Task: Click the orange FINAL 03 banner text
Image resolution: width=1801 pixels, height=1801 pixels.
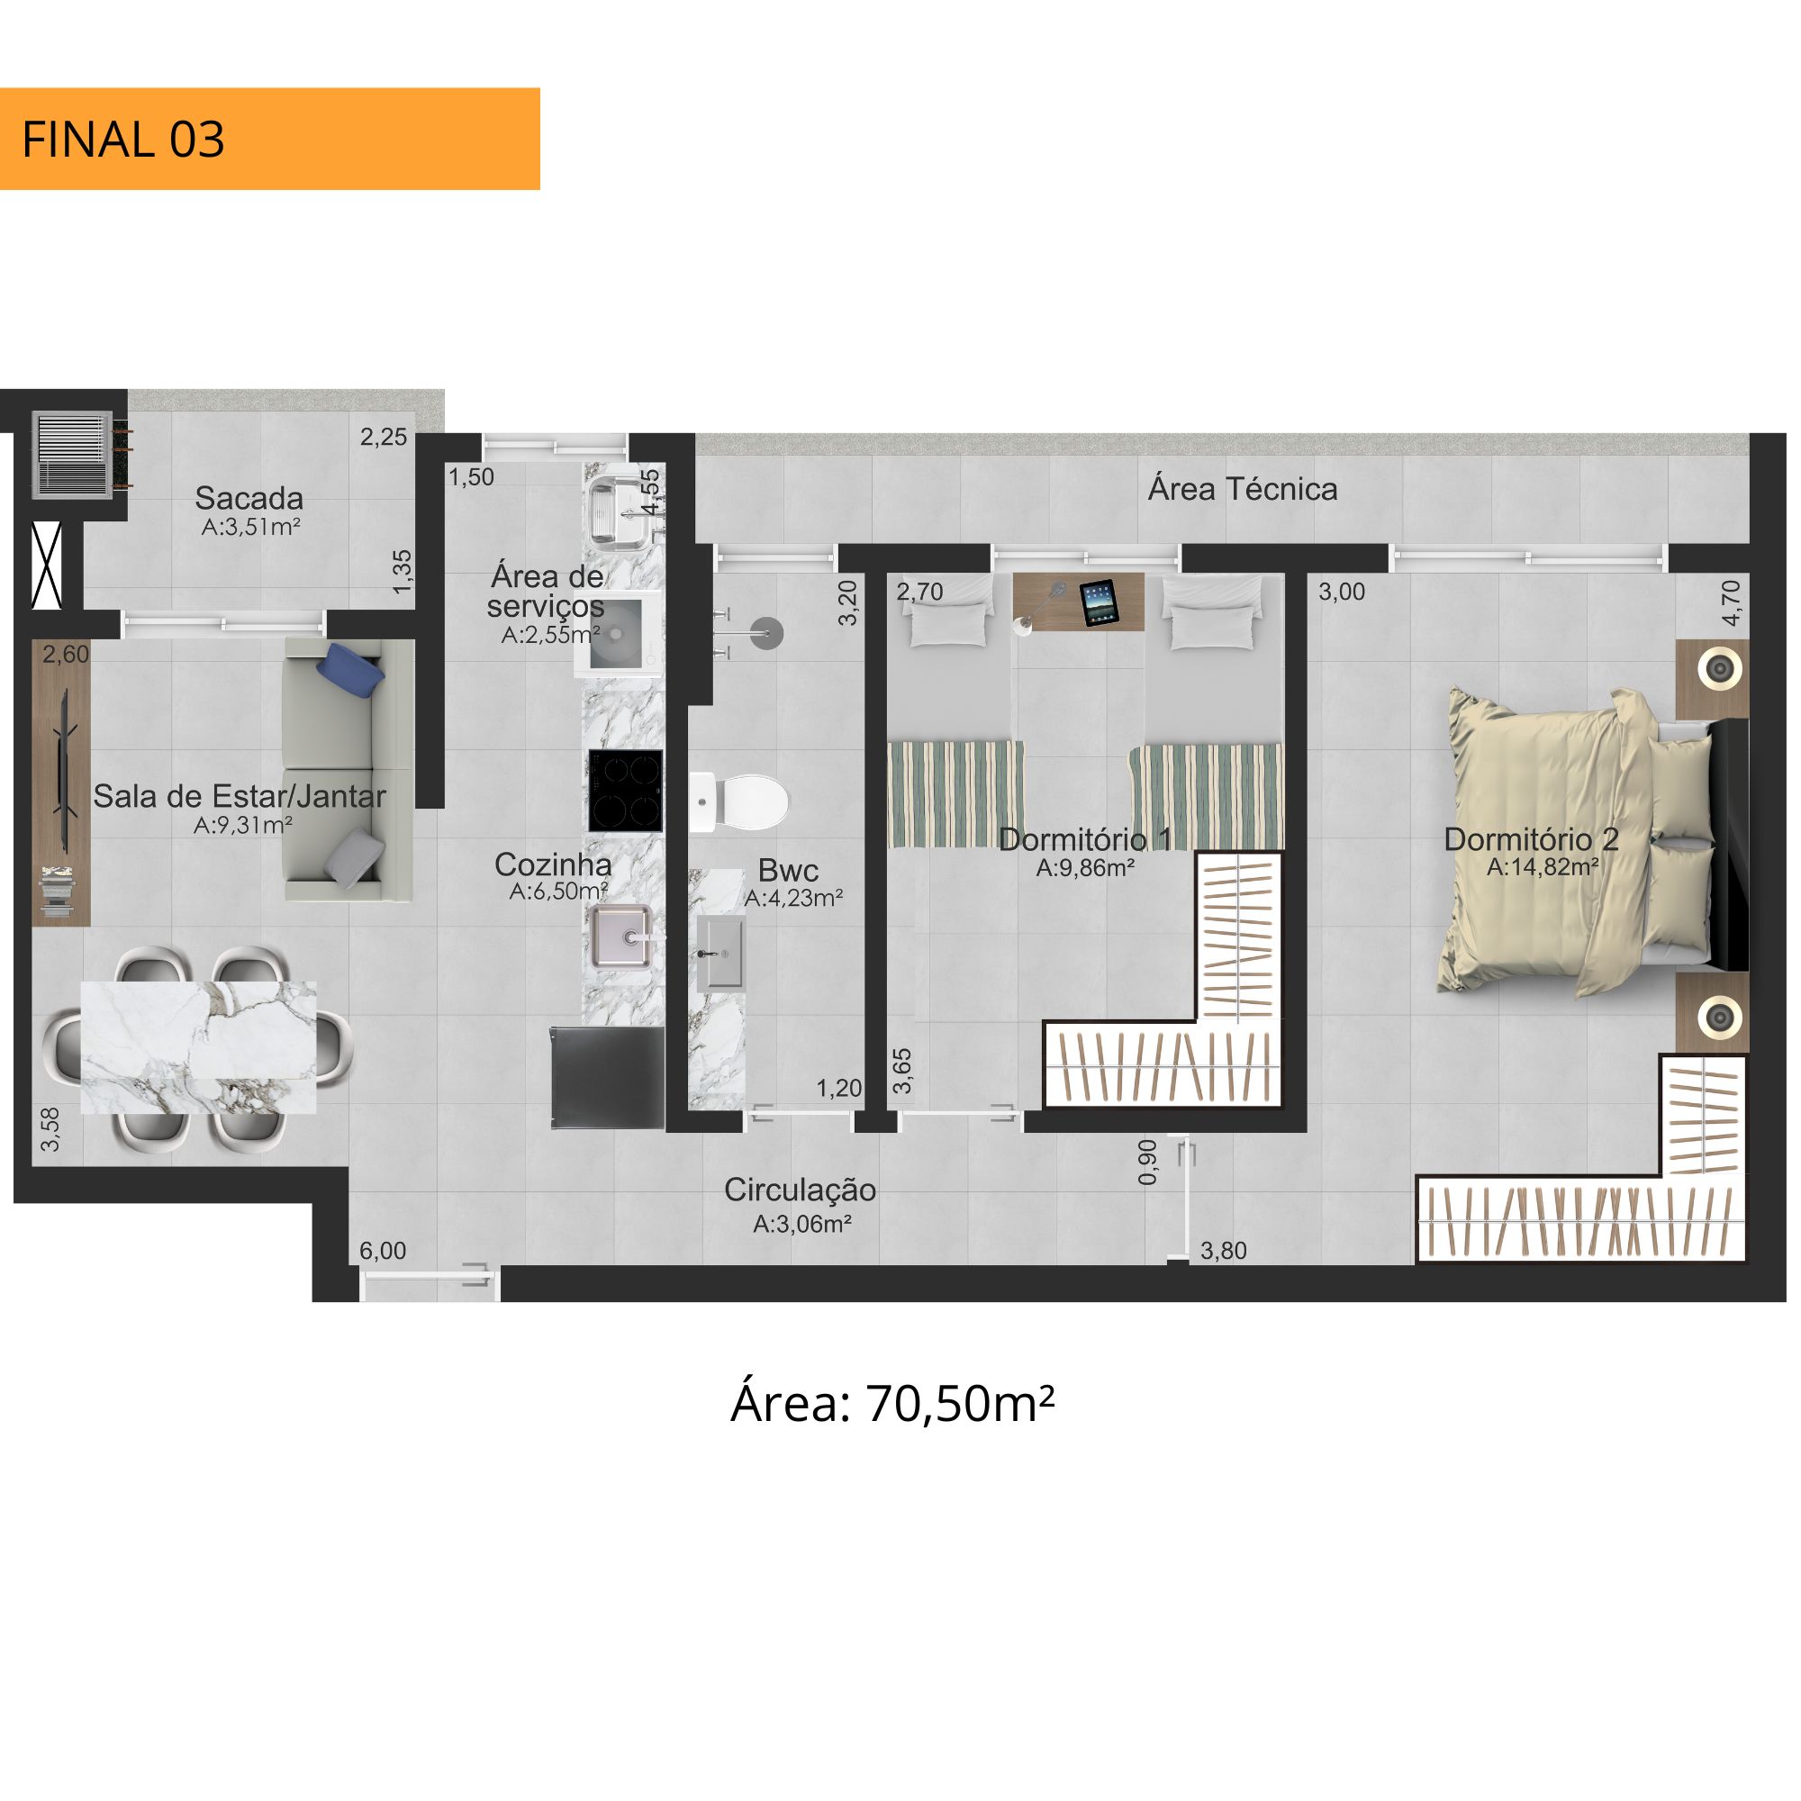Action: (x=123, y=140)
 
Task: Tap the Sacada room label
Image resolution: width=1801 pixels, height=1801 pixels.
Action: (x=249, y=498)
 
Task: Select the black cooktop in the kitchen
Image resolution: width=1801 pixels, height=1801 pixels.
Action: (x=626, y=791)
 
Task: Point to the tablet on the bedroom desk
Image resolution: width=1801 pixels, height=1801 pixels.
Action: (x=1098, y=602)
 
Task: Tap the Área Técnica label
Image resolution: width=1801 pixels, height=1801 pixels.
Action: (x=1243, y=488)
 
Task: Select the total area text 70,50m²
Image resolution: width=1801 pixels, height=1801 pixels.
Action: (x=961, y=1403)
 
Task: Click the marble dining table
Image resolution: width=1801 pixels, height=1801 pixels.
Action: (x=198, y=1047)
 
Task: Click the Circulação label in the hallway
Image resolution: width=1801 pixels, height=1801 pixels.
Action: (x=800, y=1190)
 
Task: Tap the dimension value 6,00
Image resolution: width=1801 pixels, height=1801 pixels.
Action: (x=383, y=1250)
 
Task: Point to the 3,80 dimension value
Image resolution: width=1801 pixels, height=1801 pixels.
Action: (x=1223, y=1250)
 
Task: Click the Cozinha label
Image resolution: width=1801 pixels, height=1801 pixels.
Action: (x=553, y=864)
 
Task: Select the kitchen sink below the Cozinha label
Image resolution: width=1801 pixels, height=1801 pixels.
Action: (x=620, y=935)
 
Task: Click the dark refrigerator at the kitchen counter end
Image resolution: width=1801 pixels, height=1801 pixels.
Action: (x=607, y=1078)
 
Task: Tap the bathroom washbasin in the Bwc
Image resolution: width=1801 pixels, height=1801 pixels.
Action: (x=720, y=953)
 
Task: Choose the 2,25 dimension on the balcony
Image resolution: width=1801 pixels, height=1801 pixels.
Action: (x=383, y=436)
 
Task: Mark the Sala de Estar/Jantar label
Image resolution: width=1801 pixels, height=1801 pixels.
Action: (x=240, y=796)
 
